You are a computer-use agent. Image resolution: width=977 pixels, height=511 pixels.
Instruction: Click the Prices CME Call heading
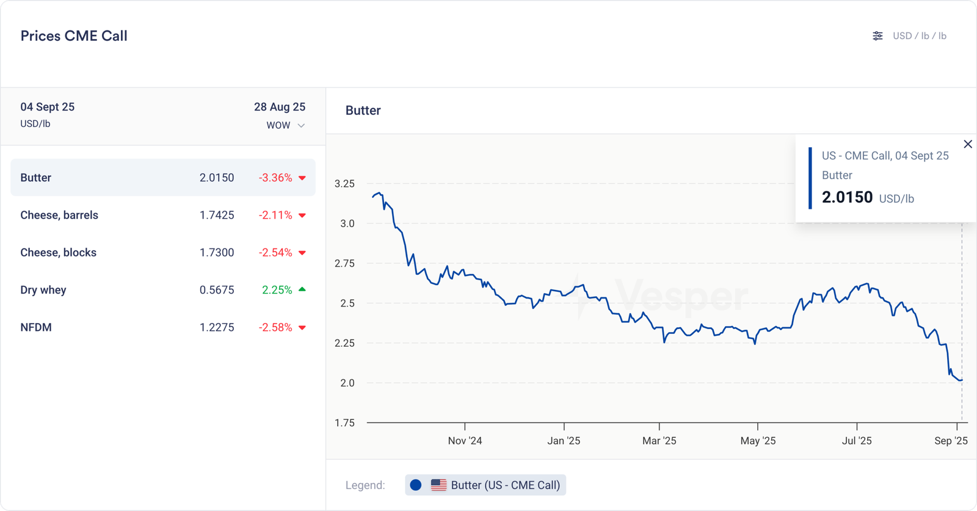[74, 36]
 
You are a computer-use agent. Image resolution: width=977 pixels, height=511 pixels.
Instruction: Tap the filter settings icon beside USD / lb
[877, 36]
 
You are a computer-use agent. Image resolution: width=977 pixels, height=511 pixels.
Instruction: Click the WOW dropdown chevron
[301, 126]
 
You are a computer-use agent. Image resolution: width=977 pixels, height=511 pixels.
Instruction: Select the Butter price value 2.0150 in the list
[217, 178]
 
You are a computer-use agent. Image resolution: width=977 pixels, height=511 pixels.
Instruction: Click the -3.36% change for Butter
[275, 178]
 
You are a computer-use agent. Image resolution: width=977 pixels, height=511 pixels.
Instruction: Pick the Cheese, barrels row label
[59, 215]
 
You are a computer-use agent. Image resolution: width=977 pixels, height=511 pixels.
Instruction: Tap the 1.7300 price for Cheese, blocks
[217, 253]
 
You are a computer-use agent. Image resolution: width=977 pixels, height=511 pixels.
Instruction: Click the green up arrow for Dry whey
[302, 289]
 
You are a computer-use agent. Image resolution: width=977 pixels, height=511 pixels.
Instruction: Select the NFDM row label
[36, 327]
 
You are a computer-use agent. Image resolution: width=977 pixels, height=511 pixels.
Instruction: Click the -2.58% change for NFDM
[275, 327]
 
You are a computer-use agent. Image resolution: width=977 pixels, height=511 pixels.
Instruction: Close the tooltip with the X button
[968, 144]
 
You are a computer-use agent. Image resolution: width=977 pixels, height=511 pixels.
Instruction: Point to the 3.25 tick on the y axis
[344, 184]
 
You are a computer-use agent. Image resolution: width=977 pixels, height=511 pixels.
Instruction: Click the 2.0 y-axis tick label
[347, 383]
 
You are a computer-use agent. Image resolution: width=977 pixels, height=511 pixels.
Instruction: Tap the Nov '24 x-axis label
[465, 441]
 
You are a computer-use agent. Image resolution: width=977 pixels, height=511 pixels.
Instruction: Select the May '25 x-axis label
[758, 441]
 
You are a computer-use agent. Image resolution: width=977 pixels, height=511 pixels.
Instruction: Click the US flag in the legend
[438, 485]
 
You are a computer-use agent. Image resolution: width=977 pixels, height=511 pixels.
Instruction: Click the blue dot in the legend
[416, 485]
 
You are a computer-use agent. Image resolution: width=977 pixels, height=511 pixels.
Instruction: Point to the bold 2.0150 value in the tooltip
[847, 197]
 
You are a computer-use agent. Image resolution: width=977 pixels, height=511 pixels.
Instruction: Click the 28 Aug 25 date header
[280, 107]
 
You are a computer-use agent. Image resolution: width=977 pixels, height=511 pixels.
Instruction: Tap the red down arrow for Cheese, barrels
[302, 216]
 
